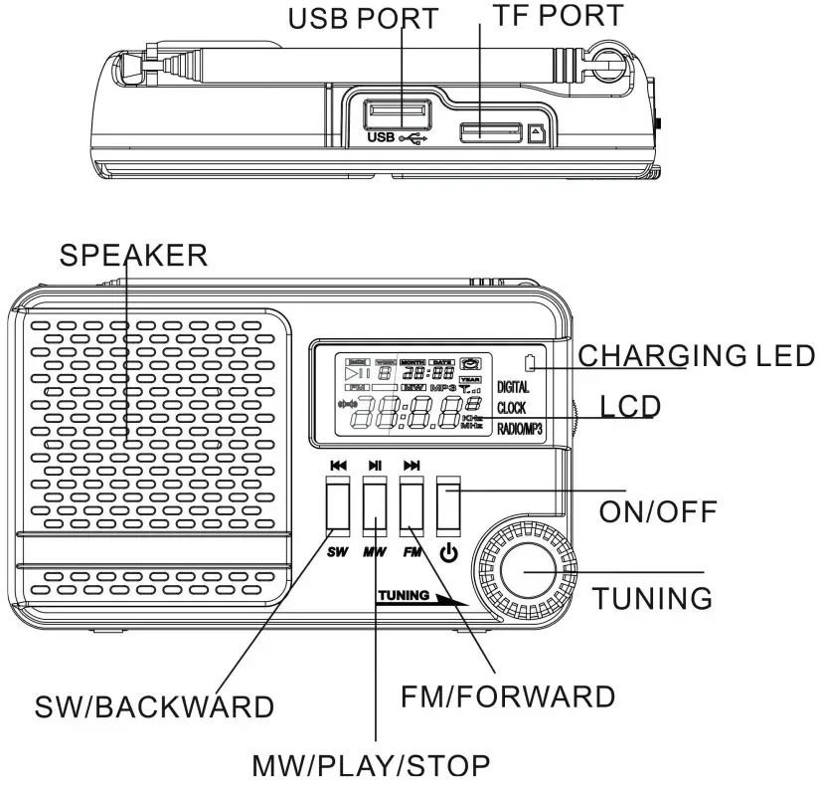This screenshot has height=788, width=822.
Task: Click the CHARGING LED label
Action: click(696, 355)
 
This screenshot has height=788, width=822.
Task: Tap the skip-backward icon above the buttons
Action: click(338, 465)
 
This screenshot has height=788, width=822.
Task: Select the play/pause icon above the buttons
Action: click(375, 465)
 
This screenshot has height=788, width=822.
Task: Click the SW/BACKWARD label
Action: click(154, 705)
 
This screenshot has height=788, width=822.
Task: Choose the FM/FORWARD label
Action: click(507, 696)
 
